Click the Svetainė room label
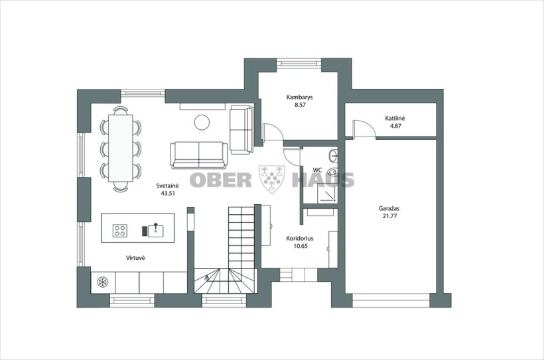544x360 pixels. pos(167,186)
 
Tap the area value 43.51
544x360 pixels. pos(168,194)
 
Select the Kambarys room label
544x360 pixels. pos(299,97)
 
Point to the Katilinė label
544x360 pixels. pos(395,118)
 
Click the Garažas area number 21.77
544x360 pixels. pos(389,216)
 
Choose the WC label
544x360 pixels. pos(317,170)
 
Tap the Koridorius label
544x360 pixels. pos(300,239)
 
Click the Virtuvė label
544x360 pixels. pos(135,258)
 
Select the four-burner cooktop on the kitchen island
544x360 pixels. pos(120,231)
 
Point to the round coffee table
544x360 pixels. pos(202,123)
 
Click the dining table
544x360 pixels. pos(120,149)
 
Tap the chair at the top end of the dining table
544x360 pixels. pos(120,111)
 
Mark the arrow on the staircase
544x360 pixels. pos(207,277)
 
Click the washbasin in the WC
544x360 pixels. pos(334,154)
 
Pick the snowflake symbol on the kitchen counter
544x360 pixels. pos(102,282)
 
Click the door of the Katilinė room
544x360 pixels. pos(364,129)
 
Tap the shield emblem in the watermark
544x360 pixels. pos(272,179)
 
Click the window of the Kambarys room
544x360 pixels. pos(299,63)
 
